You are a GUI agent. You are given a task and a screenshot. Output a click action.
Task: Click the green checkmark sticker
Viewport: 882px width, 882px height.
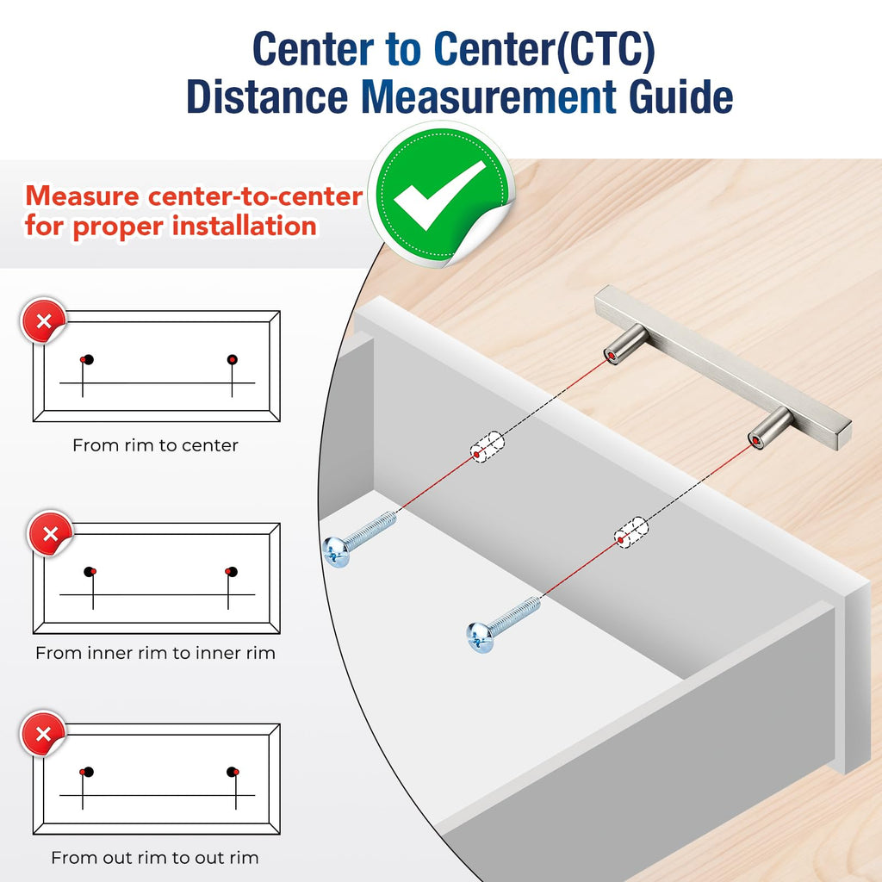coord(442,194)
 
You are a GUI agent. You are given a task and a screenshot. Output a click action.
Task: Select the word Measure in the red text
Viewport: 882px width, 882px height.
coord(82,196)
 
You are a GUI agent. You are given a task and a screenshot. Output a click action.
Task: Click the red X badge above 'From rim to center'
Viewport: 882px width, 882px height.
coord(43,320)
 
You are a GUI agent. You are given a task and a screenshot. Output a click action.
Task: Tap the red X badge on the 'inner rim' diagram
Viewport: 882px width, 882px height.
coord(50,533)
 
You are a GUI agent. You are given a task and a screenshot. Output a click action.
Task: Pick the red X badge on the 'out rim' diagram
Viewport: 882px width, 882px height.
coord(43,734)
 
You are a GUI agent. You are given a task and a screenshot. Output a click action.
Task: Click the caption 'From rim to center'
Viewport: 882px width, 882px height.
coord(155,445)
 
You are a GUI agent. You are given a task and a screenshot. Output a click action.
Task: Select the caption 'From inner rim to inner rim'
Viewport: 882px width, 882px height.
coord(155,653)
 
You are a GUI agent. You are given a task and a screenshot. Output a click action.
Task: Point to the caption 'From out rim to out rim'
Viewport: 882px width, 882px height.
coord(155,858)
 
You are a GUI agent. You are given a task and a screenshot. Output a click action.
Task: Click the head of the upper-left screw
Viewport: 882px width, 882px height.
coord(337,552)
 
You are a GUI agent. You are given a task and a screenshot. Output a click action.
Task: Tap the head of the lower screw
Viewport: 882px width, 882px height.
coord(480,638)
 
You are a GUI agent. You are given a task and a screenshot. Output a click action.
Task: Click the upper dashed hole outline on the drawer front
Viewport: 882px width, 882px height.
coord(488,447)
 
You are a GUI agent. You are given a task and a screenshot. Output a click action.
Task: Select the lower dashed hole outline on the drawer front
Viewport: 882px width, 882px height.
coord(630,532)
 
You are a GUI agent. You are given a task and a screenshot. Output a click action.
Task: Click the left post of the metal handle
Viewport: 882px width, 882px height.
coord(626,344)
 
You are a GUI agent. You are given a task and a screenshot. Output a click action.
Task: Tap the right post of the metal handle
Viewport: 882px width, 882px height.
coord(770,428)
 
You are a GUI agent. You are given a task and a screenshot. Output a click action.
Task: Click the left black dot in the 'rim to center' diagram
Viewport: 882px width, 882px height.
coord(89,359)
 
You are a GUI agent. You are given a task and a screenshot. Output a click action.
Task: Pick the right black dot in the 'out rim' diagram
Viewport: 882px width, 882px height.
coord(232,771)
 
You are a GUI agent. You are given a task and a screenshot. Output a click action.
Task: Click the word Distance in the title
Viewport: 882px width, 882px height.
coord(267,96)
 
